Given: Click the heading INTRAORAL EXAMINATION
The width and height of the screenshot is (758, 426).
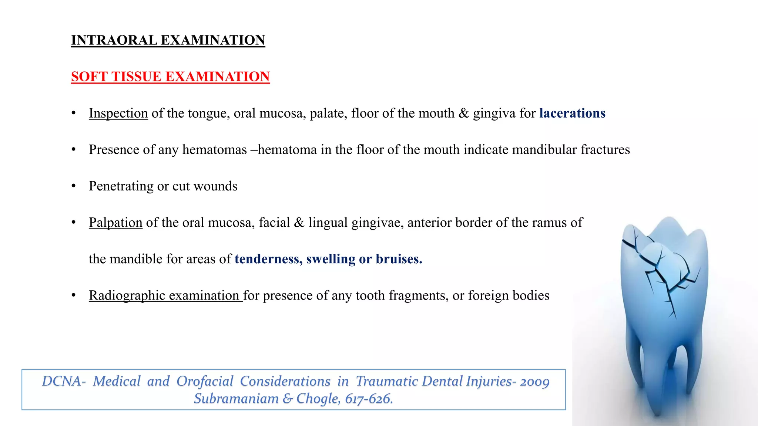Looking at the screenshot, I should click(x=168, y=40).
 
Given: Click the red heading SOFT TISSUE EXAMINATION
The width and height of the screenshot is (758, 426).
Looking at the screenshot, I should click(x=170, y=77).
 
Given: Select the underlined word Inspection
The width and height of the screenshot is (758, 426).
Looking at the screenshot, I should click(x=118, y=113).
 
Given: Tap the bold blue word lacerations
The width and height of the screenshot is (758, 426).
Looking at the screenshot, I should click(x=572, y=113).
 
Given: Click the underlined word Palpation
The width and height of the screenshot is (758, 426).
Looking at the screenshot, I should click(x=115, y=223).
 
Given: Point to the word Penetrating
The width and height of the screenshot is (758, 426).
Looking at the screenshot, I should click(x=121, y=186).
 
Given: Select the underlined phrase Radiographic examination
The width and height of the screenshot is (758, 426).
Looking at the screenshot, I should click(x=165, y=295).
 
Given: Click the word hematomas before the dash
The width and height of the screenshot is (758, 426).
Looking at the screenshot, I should click(x=214, y=150).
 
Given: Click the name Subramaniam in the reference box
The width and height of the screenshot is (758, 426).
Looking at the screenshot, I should click(x=236, y=399).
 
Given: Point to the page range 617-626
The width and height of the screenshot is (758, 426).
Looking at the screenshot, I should click(x=369, y=399).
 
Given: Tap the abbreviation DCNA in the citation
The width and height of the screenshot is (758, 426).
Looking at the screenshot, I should click(x=62, y=381).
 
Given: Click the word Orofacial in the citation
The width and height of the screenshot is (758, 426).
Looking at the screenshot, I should click(x=205, y=381).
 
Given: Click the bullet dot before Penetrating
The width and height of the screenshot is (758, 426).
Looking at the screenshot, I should click(x=74, y=186).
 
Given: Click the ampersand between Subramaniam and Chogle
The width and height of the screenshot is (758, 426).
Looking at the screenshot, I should click(x=287, y=399).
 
